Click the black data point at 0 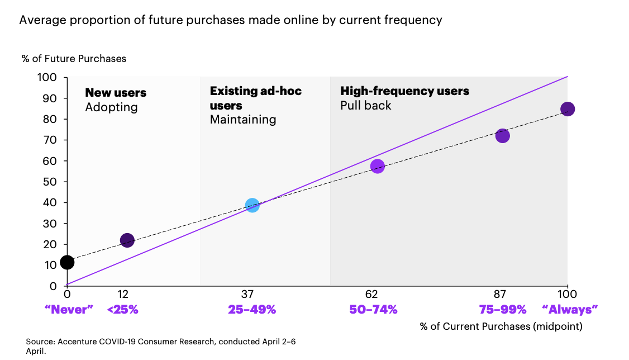[x=67, y=262]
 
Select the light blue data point [x=252, y=205]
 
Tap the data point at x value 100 [x=567, y=109]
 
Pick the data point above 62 [x=377, y=166]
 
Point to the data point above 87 [x=502, y=136]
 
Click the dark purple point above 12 [x=127, y=240]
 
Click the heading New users [x=116, y=93]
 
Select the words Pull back [x=366, y=106]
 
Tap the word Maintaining [x=243, y=120]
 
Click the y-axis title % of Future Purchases [x=74, y=58]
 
